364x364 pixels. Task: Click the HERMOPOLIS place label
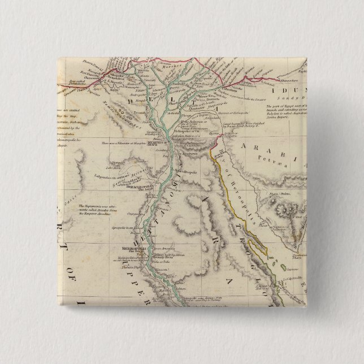click(x=136, y=248)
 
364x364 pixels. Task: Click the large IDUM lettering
click(x=288, y=89)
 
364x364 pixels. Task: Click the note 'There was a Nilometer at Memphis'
click(x=124, y=144)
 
